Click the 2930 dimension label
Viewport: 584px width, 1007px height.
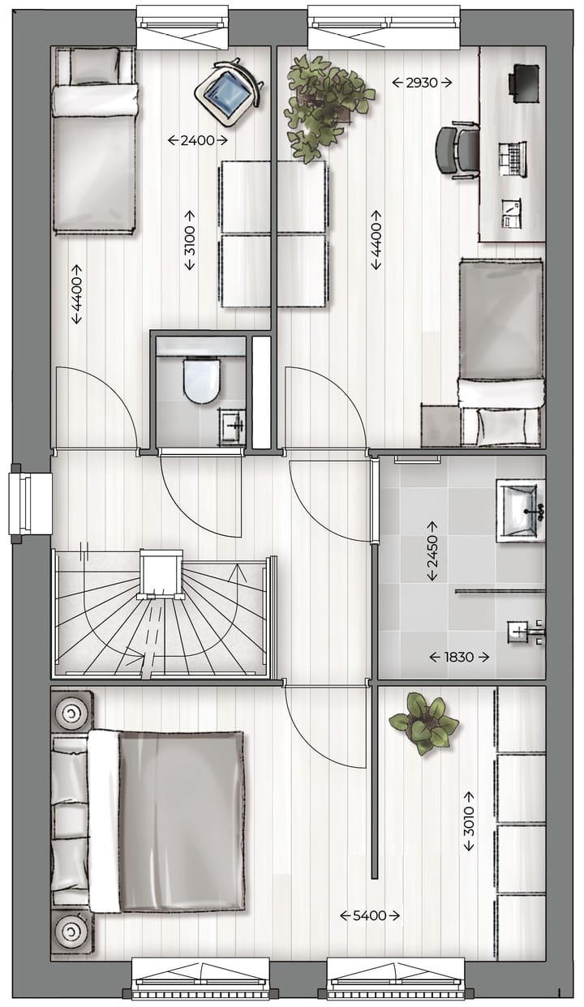point(422,82)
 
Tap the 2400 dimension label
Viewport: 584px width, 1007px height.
point(197,140)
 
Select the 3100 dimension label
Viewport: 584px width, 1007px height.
point(189,240)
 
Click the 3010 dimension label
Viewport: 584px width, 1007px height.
point(470,821)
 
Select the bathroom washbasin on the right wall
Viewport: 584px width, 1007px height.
point(519,509)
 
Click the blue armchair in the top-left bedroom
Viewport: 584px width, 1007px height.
point(226,91)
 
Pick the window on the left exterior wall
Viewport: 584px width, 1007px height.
point(26,504)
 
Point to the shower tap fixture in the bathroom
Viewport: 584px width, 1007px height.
point(523,631)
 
